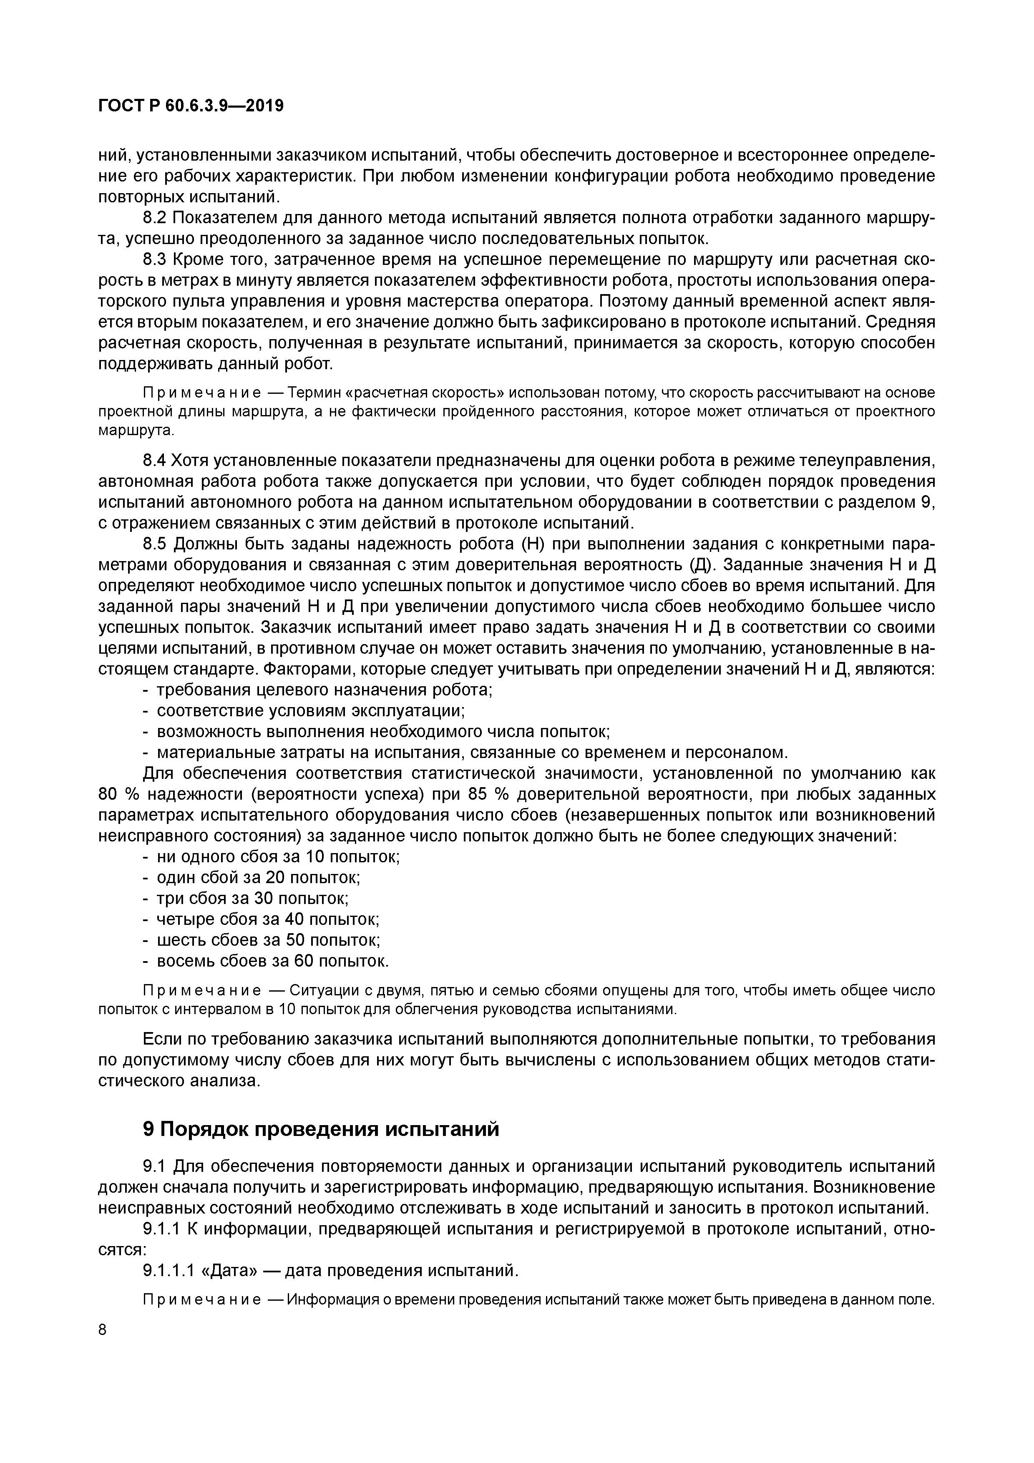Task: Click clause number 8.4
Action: click(154, 460)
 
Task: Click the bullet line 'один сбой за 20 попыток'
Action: click(258, 877)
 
